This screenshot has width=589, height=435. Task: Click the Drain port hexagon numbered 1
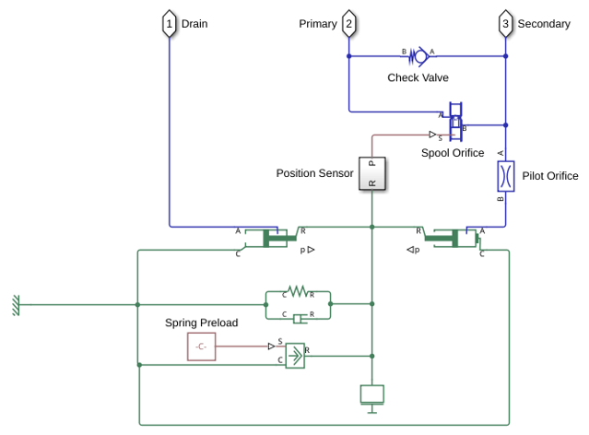[x=169, y=24]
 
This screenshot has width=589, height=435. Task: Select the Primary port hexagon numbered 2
[x=349, y=24]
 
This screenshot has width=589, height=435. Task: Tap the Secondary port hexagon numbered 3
[x=506, y=24]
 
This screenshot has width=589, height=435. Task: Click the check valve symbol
[x=418, y=56]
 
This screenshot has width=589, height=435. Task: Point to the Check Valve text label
[x=418, y=77]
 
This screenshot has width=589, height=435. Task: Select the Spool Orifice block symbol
[x=455, y=122]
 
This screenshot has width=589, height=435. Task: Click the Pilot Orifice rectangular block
[x=506, y=176]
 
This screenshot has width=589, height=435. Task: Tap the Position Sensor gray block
[x=371, y=173]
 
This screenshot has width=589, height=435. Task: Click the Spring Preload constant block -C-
[x=201, y=347]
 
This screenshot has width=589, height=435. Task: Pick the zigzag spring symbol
[x=298, y=291]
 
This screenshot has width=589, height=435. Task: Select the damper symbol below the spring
[x=300, y=319]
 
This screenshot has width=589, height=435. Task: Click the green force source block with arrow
[x=295, y=356]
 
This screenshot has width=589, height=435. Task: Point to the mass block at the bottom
[x=371, y=394]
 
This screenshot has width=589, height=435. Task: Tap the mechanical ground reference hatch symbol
[x=16, y=305]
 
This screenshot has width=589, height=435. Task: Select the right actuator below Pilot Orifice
[x=452, y=238]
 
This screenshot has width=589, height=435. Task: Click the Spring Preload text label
[x=201, y=323]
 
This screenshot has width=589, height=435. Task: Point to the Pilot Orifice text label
[x=550, y=176]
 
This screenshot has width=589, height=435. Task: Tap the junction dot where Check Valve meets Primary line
[x=349, y=56]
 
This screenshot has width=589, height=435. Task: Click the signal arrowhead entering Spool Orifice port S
[x=432, y=135]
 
